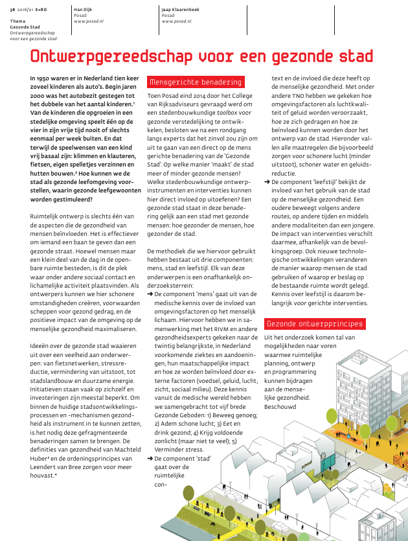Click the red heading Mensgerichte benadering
click(196, 82)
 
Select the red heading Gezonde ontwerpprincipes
click(314, 323)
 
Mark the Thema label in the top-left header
click(17, 21)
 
